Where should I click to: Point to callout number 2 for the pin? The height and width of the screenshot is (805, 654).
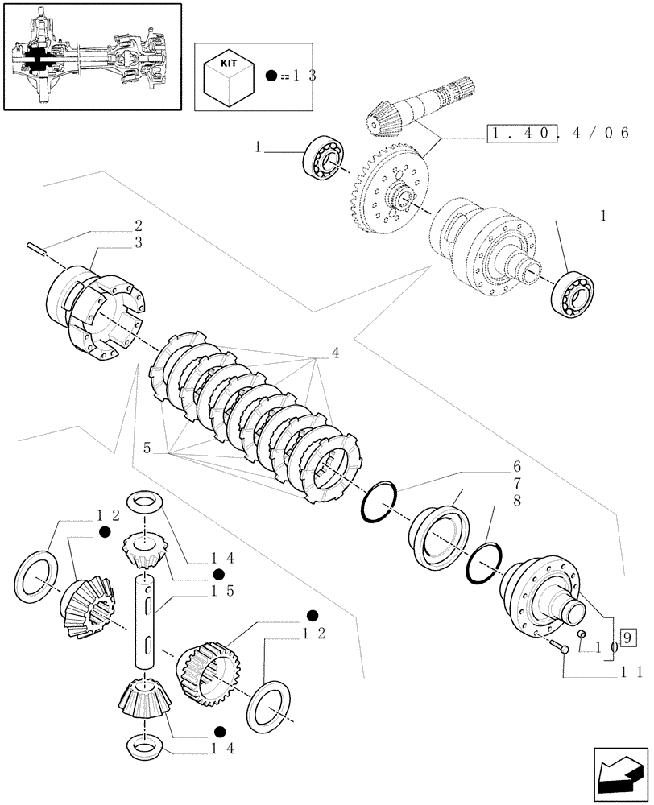pyautogui.click(x=139, y=226)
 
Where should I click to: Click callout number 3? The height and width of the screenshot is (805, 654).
pyautogui.click(x=139, y=242)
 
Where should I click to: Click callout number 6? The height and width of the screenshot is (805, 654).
pyautogui.click(x=517, y=467)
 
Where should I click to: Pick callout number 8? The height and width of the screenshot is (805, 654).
pyautogui.click(x=517, y=501)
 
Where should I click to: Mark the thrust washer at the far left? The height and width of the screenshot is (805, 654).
pyautogui.click(x=35, y=574)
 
